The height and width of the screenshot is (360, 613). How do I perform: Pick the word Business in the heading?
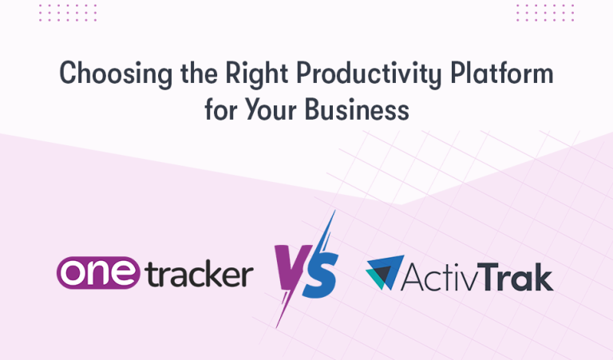coord(357,109)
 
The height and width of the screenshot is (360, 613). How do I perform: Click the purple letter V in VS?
coord(290,271)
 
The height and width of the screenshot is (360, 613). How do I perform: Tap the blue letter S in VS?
coord(320,273)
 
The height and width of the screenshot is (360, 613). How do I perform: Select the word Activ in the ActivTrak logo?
coord(444,275)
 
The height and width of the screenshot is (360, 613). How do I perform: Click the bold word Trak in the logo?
coord(519,275)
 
